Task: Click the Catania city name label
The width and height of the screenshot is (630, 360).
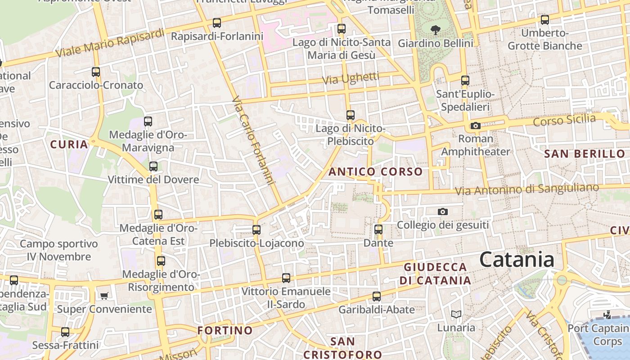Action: click(x=517, y=260)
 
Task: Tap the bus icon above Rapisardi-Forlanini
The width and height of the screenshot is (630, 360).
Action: click(x=217, y=22)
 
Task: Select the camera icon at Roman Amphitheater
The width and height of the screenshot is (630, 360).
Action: click(x=476, y=126)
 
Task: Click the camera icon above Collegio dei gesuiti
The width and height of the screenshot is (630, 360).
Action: click(x=443, y=211)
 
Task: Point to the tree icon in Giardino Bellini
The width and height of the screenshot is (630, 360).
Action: click(x=435, y=30)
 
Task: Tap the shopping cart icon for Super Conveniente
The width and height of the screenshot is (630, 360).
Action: click(x=104, y=296)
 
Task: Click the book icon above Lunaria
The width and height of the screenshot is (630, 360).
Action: click(x=456, y=314)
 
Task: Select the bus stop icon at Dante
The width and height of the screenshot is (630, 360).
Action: click(x=378, y=229)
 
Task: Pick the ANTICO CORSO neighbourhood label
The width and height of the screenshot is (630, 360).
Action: click(x=375, y=171)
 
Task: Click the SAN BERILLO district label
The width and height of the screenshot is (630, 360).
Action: click(x=585, y=154)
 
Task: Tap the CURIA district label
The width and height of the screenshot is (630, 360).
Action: click(x=69, y=144)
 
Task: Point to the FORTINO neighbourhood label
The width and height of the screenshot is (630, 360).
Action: click(x=225, y=330)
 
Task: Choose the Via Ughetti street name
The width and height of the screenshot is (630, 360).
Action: click(x=351, y=78)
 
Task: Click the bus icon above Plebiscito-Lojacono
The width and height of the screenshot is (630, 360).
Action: click(x=256, y=230)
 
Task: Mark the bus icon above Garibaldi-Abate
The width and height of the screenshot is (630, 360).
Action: click(x=377, y=297)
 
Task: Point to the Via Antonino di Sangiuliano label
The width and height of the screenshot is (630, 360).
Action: click(x=527, y=189)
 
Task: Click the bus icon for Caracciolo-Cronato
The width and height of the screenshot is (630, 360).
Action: click(x=96, y=72)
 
